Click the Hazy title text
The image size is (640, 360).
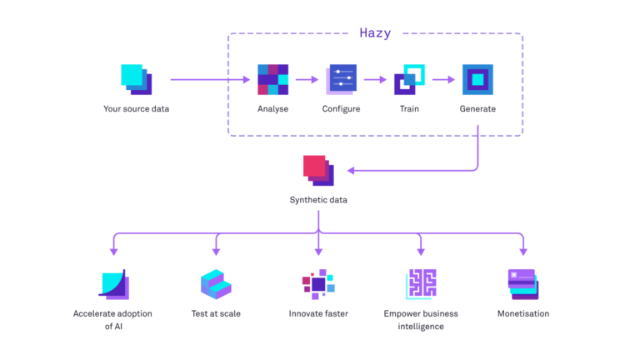coord(375,32)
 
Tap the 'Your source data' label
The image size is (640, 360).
coord(136,108)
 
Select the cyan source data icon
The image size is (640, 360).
coord(137,79)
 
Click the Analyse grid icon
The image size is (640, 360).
coord(272,80)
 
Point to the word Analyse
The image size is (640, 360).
coord(272,108)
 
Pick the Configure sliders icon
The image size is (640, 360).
coord(341,79)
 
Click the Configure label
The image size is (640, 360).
coord(341,108)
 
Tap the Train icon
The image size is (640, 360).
coord(409,79)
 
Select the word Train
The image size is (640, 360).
coord(409,108)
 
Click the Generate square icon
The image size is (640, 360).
coord(477,79)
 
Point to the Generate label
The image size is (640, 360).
coord(477,108)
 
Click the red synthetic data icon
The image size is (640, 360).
coord(317,169)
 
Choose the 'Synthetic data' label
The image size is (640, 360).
coord(317,200)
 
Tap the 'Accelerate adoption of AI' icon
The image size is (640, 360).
coord(113,284)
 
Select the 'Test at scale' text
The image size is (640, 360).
coord(216,314)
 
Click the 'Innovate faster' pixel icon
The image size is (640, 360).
coord(317,284)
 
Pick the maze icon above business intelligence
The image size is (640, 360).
coord(420,284)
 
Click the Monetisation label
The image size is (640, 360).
coord(523,314)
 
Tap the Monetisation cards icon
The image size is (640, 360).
coord(523,283)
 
